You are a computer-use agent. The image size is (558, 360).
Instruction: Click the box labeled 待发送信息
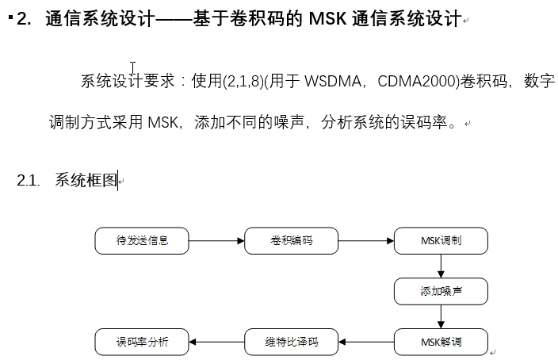tap(142, 241)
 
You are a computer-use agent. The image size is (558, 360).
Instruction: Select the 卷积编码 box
tap(291, 241)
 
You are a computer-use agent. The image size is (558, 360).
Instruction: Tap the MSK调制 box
tap(441, 241)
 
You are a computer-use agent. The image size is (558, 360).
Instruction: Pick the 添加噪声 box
tap(441, 292)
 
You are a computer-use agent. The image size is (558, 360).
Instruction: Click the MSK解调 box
tap(441, 343)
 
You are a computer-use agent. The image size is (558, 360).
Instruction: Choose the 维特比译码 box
tap(291, 343)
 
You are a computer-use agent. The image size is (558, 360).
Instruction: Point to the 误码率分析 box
tap(142, 343)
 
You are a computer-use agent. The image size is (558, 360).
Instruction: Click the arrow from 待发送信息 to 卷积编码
tap(216, 241)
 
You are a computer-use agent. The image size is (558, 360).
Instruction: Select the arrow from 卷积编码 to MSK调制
tap(365, 241)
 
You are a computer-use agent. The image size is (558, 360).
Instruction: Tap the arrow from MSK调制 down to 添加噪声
tap(441, 266)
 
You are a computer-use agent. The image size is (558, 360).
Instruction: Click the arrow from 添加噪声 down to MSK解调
tap(441, 317)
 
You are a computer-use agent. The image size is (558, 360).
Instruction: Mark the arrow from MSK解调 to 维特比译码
tap(365, 343)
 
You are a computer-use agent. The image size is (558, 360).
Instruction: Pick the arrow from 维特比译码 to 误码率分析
tap(216, 343)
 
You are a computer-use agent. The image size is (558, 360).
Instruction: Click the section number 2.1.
tap(29, 181)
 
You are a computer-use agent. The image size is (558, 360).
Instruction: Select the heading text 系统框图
tap(86, 181)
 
